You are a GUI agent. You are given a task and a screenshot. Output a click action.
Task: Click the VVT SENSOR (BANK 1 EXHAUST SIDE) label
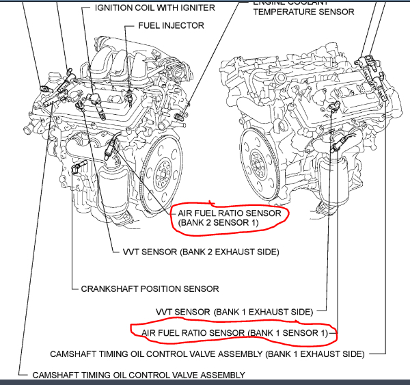[234, 312]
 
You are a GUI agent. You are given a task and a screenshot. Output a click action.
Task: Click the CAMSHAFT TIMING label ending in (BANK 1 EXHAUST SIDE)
[206, 354]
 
